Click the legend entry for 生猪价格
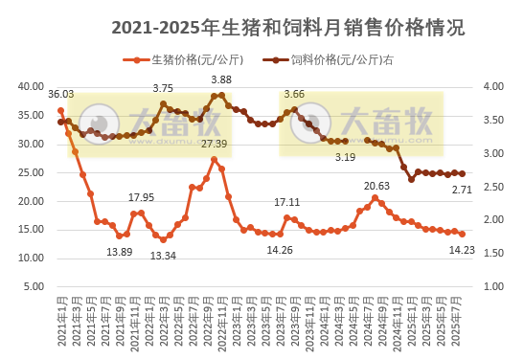[x=177, y=59]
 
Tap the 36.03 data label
[x=60, y=94]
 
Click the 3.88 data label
[x=221, y=79]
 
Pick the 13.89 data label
[x=119, y=252]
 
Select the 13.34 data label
[x=163, y=256]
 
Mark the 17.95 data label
[x=141, y=197]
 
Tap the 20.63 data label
[x=376, y=185]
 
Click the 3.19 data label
[x=345, y=157]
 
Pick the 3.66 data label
[x=294, y=94]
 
